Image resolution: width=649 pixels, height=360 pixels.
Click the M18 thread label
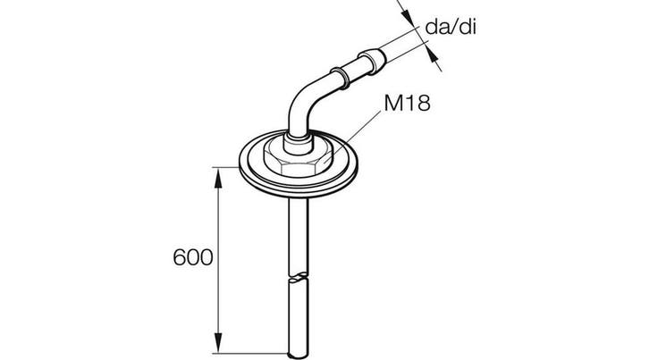point(407,103)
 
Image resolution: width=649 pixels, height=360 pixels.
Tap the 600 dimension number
point(193,257)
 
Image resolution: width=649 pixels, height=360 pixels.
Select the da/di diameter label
point(451,28)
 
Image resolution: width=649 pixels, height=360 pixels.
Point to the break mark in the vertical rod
point(299,277)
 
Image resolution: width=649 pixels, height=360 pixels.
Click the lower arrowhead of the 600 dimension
point(218,343)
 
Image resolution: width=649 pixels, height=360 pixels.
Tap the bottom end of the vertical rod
point(299,355)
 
